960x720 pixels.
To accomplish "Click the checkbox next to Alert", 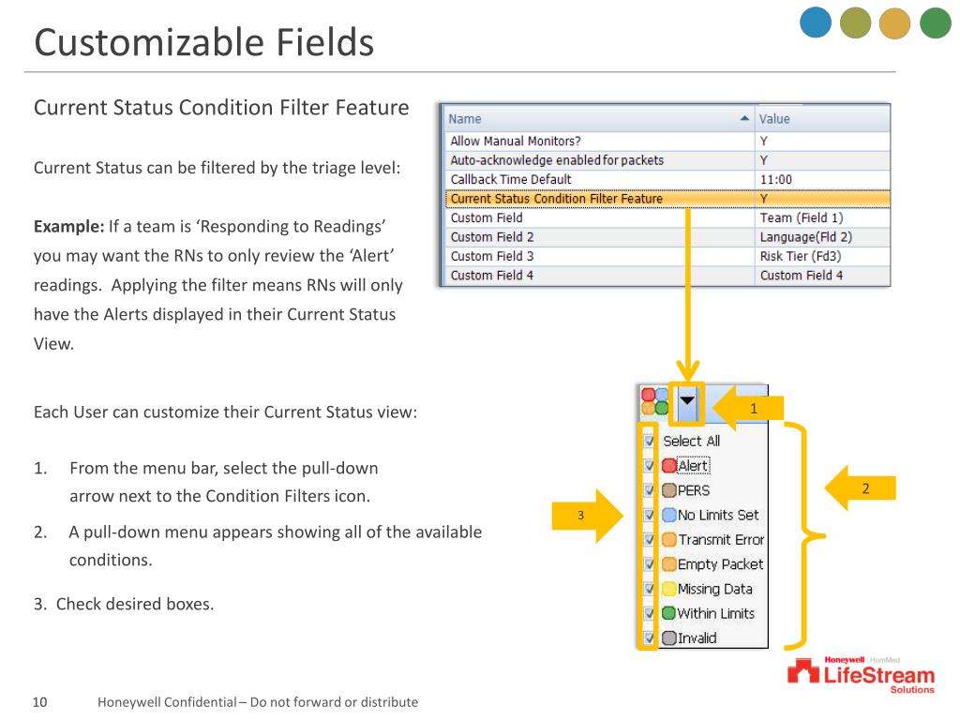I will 649,465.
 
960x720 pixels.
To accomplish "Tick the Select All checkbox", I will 649,441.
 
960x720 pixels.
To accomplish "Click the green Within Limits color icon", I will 668,613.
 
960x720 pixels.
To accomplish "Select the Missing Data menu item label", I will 714,589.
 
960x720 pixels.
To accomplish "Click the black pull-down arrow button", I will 688,400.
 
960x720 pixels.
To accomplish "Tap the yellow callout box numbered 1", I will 754,407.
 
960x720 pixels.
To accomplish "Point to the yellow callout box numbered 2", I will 865,487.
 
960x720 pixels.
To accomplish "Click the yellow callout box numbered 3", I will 580,515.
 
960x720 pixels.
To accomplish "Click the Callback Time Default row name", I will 510,179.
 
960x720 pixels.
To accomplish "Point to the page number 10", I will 40,702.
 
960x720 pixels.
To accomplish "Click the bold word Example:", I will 67,228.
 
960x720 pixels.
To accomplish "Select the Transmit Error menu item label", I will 721,539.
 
